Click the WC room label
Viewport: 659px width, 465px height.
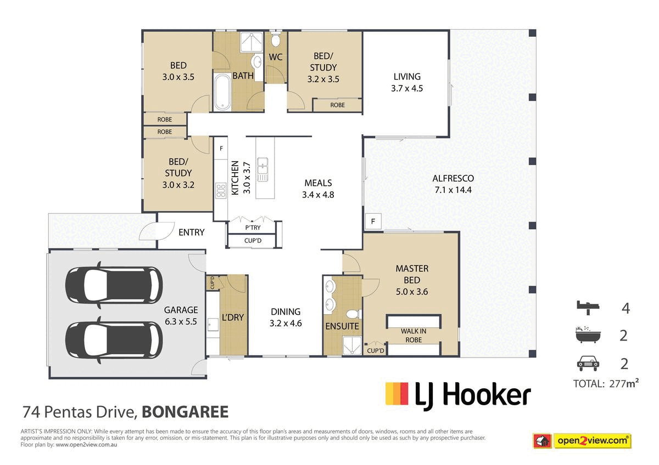[x=276, y=57]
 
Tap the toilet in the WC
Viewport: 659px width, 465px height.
[x=275, y=39]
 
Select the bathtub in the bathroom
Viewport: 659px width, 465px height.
[x=222, y=92]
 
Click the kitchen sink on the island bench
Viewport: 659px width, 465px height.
[x=263, y=170]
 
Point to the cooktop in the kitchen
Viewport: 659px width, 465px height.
[x=221, y=190]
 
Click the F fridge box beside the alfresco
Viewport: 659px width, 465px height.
[x=373, y=222]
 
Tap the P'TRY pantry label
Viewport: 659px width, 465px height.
[x=253, y=228]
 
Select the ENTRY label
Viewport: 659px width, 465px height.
[x=192, y=232]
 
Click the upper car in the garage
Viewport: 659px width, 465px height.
[x=114, y=285]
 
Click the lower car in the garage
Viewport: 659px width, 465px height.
[x=114, y=340]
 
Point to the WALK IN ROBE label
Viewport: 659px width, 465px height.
[x=414, y=336]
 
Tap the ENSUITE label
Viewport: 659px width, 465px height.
[x=342, y=326]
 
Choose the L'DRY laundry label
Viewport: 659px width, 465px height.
[x=233, y=317]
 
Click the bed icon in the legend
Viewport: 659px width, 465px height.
[x=588, y=308]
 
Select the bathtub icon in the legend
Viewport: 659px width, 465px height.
[x=588, y=334]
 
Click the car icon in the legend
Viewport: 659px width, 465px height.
[x=588, y=364]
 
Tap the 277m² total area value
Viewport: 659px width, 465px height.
[x=624, y=383]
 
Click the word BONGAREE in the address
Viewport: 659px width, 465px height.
[x=185, y=412]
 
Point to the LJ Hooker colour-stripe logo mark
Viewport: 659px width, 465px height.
[x=397, y=394]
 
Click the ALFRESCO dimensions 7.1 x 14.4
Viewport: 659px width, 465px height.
[x=453, y=190]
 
